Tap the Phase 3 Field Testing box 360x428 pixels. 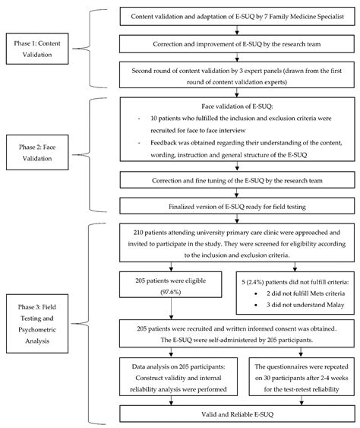coord(41,320)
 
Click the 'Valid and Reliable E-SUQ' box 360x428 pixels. coord(238,412)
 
